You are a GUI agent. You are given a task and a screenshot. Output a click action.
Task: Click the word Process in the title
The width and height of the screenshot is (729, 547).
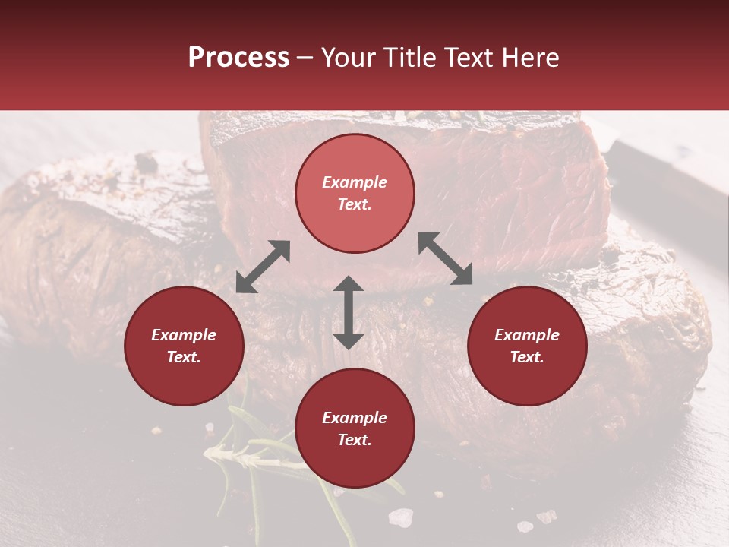(238, 58)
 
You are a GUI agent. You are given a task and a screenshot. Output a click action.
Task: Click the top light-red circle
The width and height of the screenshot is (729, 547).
(355, 194)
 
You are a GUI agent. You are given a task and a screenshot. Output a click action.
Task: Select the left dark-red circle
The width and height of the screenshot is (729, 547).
(184, 346)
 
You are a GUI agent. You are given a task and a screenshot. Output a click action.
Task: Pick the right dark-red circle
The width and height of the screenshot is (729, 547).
(527, 346)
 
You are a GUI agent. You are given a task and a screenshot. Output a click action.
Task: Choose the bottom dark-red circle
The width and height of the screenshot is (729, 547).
(355, 428)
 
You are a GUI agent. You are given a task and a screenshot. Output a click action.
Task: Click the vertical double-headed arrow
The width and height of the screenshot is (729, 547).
(349, 312)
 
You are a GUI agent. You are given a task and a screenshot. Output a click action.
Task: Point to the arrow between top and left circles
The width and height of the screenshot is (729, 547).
(263, 267)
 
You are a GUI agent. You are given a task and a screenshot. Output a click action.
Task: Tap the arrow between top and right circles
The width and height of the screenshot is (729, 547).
(445, 258)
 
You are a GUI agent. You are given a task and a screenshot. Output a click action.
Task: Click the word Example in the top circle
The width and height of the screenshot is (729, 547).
(355, 182)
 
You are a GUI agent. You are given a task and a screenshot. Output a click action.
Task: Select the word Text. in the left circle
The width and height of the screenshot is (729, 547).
(184, 357)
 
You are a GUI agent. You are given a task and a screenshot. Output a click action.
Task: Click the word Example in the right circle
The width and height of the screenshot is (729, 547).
(527, 335)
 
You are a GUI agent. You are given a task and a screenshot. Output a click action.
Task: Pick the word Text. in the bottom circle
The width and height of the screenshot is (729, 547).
(355, 440)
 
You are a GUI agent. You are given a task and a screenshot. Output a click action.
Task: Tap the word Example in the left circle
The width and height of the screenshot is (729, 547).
(184, 335)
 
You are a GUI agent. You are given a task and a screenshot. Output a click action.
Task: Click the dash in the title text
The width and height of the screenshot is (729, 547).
(305, 58)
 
